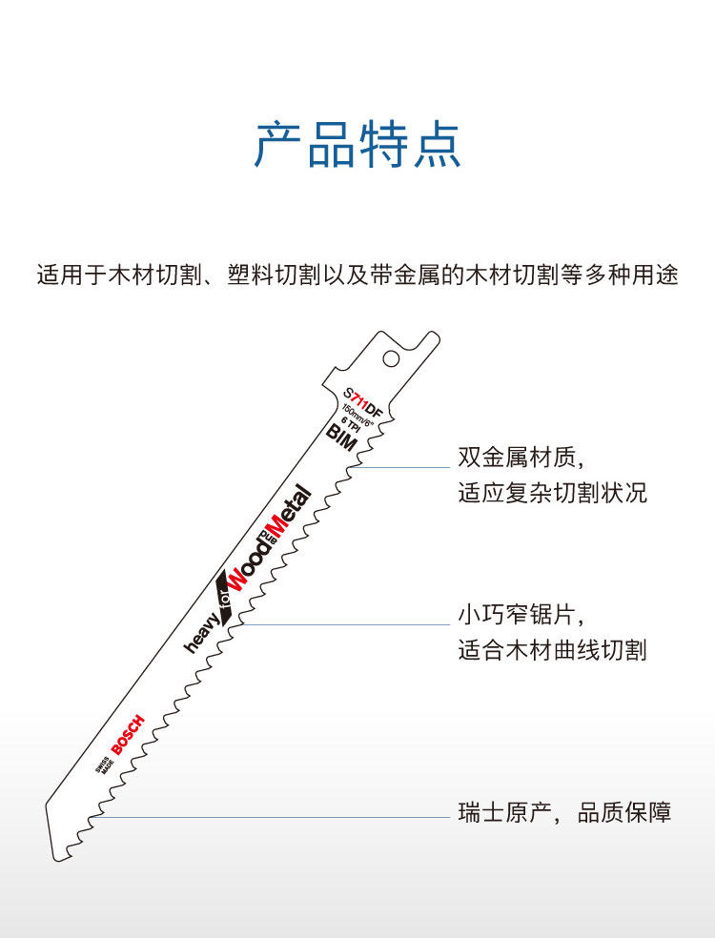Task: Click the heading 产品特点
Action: (357, 145)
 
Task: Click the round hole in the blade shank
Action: (391, 358)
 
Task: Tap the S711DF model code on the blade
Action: (362, 403)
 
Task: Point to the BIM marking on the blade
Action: (340, 438)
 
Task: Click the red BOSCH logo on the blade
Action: (128, 734)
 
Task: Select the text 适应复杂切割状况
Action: (552, 494)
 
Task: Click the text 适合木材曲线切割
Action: (552, 650)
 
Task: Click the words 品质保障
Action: (624, 813)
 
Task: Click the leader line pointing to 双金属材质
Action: (405, 467)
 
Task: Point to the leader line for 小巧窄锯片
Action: (343, 624)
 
